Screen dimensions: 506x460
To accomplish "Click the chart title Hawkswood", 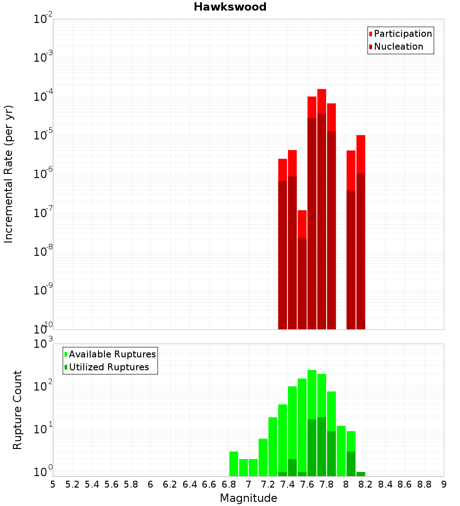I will [x=230, y=7].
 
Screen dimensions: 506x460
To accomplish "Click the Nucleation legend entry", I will [x=398, y=47].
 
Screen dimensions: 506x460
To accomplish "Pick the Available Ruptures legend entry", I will [x=112, y=354].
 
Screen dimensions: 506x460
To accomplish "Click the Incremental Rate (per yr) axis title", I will [x=9, y=174].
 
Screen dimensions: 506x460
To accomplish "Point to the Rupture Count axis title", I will [x=17, y=410].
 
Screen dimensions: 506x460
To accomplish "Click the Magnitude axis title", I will [x=248, y=498].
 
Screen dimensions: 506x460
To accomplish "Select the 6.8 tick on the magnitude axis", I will [x=229, y=484].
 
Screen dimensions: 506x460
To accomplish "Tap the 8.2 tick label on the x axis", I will [x=366, y=484].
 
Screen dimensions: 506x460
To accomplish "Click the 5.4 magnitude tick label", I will [x=92, y=484].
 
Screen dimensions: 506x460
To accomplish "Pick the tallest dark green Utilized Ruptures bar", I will [x=322, y=446].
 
